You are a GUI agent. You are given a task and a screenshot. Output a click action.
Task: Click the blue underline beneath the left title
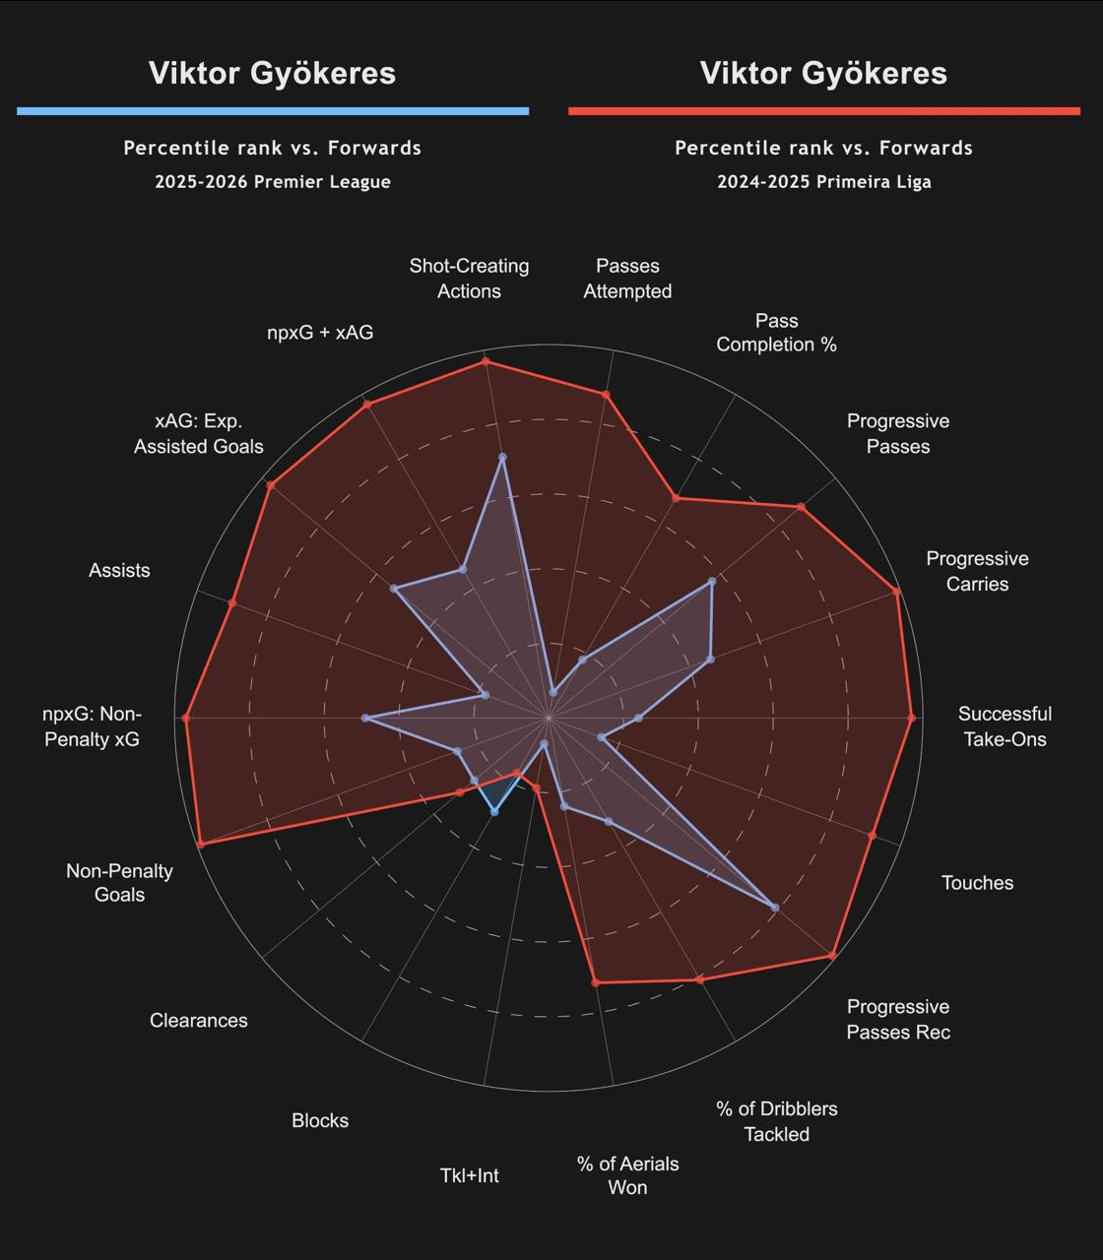tap(273, 111)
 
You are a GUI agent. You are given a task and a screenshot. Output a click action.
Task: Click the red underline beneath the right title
tap(824, 111)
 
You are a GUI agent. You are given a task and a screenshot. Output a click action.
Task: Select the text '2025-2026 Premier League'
tap(273, 182)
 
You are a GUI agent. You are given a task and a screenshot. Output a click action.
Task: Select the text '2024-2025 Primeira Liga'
tap(824, 182)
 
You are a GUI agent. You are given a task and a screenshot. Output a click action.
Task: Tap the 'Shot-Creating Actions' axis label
tap(469, 279)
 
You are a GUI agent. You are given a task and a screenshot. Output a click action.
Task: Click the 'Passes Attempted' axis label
tap(627, 279)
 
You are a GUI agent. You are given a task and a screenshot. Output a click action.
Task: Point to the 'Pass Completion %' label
tap(776, 333)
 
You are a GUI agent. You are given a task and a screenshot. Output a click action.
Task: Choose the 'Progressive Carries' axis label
tap(977, 571)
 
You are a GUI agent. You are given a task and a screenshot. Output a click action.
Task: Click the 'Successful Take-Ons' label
tap(1005, 726)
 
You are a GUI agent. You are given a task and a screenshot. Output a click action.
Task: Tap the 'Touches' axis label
tap(977, 883)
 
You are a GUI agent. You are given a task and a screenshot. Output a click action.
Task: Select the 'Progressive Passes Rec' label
tap(898, 1019)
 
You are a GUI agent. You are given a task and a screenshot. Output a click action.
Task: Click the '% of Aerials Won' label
tap(627, 1175)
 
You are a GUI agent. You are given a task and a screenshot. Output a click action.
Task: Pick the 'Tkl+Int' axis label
tap(469, 1175)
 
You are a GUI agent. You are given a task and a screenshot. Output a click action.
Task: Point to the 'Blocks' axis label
tap(320, 1120)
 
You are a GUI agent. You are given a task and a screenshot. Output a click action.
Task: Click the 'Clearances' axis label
tap(199, 1021)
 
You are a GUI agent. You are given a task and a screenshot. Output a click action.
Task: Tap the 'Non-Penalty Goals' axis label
tap(119, 883)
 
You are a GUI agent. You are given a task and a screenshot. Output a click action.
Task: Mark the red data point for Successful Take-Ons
tap(911, 719)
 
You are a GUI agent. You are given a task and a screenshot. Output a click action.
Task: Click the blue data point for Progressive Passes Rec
tap(775, 908)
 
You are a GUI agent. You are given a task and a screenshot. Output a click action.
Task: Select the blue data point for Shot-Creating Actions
tap(502, 458)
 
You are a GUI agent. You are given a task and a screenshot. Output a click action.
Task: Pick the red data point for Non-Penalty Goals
tap(201, 844)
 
